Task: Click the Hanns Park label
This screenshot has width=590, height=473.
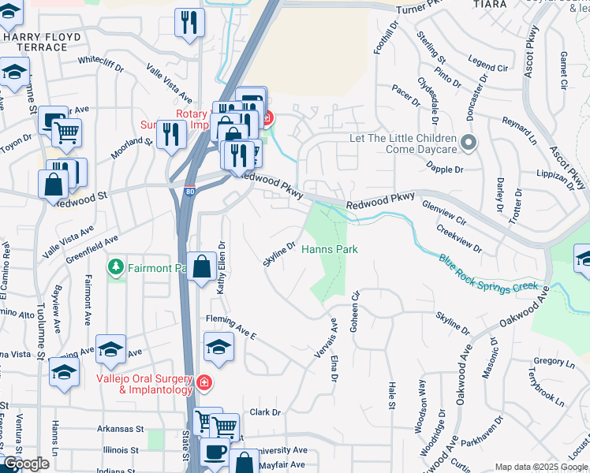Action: (330, 249)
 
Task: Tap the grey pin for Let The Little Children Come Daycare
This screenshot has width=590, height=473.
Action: (469, 143)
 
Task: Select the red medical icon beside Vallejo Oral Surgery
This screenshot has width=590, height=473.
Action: (204, 383)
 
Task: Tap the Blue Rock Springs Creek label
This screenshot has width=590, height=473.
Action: (488, 271)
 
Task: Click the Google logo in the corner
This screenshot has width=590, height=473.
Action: (25, 464)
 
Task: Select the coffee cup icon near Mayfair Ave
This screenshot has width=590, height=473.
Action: (215, 453)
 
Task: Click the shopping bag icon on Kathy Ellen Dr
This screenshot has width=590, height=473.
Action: (202, 266)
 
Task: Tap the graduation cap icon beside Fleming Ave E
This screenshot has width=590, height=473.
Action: (219, 346)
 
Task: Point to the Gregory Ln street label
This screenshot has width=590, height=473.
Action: (555, 362)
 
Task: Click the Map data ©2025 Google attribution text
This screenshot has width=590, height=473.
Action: (541, 467)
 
